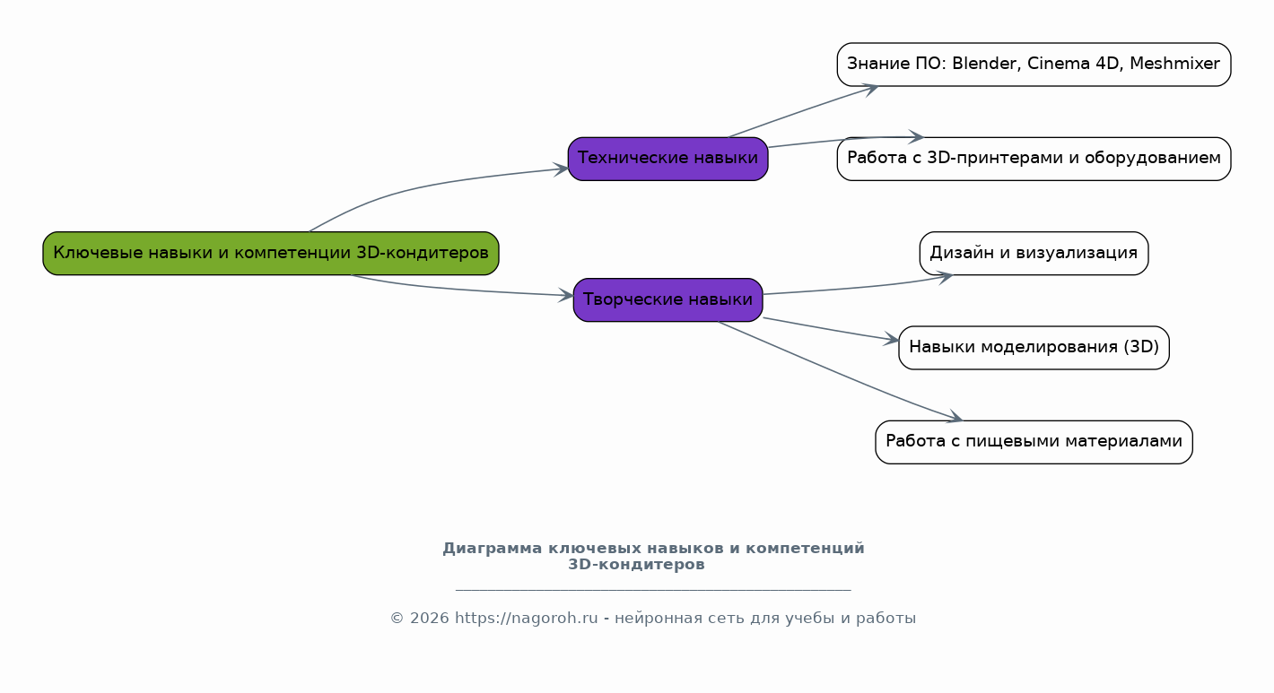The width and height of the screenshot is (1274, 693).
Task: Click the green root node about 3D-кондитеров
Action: [271, 253]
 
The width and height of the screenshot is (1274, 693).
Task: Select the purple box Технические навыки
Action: [668, 159]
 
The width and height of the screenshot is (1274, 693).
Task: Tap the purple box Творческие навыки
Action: [668, 299]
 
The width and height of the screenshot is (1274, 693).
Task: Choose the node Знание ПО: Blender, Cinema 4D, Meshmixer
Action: [1034, 65]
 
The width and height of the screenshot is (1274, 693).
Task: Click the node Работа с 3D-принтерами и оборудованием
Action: [1034, 159]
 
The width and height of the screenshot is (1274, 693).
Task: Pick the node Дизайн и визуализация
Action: [1034, 253]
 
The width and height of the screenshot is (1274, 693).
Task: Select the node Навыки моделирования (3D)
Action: [1034, 347]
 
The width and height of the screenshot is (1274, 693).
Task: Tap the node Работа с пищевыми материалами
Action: [1034, 442]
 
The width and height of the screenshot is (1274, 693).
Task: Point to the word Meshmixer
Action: [1174, 63]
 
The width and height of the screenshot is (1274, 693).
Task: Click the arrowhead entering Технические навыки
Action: [561, 169]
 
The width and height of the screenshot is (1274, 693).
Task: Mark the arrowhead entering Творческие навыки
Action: [566, 295]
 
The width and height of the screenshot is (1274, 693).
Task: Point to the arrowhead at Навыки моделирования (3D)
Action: [891, 340]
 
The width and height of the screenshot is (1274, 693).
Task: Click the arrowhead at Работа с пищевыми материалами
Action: [955, 417]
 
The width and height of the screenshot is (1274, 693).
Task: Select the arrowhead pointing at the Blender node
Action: [870, 90]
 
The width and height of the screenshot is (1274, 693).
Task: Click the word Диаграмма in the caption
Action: [492, 548]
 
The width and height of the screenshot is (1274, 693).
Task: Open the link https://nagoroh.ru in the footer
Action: [526, 618]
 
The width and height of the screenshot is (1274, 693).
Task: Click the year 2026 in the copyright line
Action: [430, 618]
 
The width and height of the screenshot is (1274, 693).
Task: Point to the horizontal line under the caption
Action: [653, 590]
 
